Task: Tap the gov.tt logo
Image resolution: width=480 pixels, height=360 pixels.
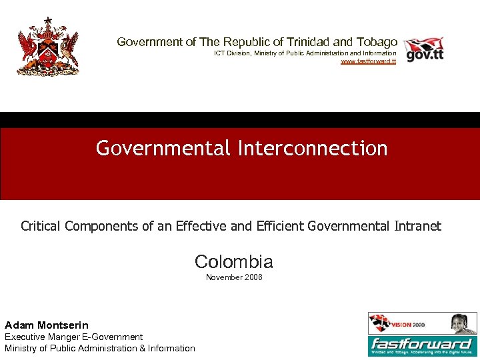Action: [424, 49]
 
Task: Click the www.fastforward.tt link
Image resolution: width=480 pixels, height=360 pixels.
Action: [369, 61]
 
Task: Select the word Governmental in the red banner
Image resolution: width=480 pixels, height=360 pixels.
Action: [164, 148]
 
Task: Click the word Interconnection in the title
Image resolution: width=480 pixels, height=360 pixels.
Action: [313, 148]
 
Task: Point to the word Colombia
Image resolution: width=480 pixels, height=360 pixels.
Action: [233, 261]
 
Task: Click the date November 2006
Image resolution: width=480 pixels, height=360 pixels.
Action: [234, 277]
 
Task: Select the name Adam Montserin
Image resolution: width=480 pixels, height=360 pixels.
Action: [47, 325]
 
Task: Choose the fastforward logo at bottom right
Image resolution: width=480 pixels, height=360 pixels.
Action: [423, 346]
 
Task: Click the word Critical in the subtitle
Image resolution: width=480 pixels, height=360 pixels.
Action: [41, 227]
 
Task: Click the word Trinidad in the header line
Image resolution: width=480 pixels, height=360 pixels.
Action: [309, 42]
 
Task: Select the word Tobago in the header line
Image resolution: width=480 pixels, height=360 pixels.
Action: [377, 42]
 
